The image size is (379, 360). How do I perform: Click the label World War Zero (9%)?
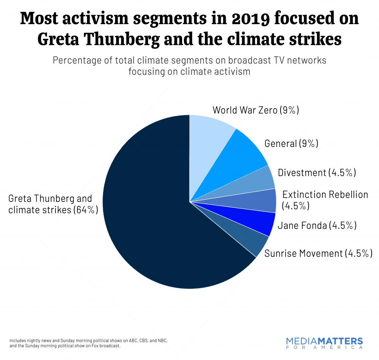tap(256, 110)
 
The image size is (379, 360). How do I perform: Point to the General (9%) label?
tap(291, 143)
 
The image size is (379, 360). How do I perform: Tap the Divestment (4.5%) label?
tap(317, 173)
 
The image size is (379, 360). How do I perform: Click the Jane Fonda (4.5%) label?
tap(317, 225)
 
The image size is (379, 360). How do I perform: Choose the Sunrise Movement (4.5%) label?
tap(318, 253)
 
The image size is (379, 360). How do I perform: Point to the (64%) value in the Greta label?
tap(85, 210)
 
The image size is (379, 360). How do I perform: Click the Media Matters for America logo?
tap(325, 343)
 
